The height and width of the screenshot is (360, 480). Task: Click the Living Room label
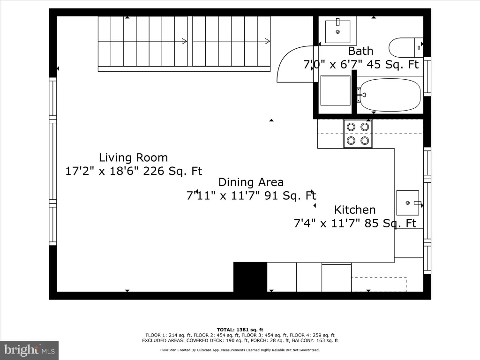pyautogui.click(x=133, y=157)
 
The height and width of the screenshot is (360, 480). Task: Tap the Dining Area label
pyautogui.click(x=251, y=182)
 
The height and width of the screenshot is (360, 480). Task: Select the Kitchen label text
pyautogui.click(x=354, y=210)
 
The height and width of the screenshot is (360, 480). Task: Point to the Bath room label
pyautogui.click(x=360, y=51)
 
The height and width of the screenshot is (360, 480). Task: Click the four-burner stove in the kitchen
pyautogui.click(x=358, y=134)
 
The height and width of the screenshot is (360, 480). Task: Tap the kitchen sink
pyautogui.click(x=408, y=202)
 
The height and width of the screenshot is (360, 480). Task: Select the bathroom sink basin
pyautogui.click(x=337, y=31)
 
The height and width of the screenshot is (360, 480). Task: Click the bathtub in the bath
pyautogui.click(x=389, y=95)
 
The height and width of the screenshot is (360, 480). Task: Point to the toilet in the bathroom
pyautogui.click(x=406, y=47)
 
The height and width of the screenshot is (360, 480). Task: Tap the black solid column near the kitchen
pyautogui.click(x=250, y=277)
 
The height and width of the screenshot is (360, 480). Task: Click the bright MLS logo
pyautogui.click(x=30, y=350)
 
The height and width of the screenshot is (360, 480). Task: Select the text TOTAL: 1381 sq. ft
pyautogui.click(x=240, y=330)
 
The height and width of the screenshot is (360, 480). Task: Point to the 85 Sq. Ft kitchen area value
pyautogui.click(x=390, y=223)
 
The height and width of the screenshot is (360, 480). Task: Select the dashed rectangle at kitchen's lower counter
pyautogui.click(x=379, y=285)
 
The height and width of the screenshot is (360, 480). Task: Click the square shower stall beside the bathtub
pyautogui.click(x=335, y=90)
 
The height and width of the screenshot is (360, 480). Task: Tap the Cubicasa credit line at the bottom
pyautogui.click(x=240, y=350)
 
